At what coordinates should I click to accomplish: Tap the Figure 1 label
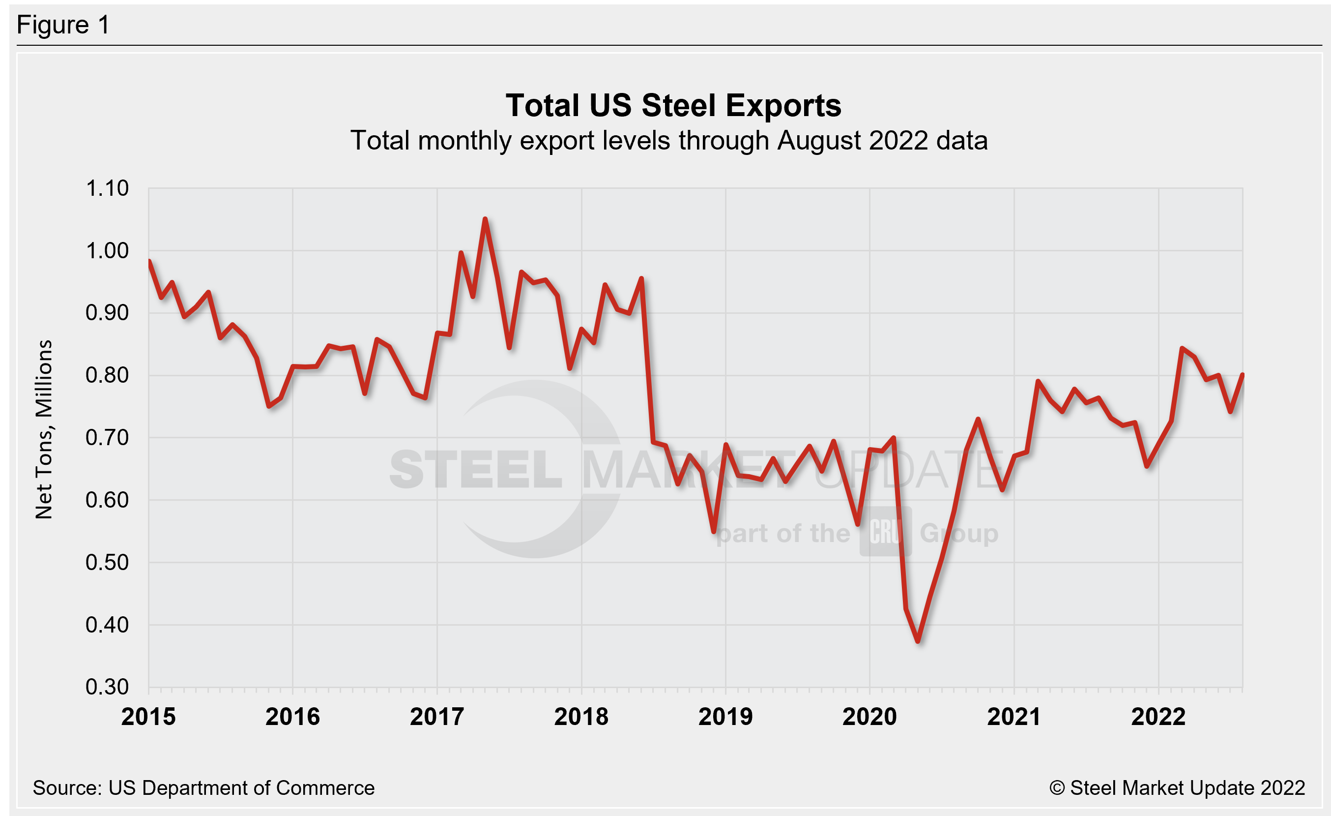pos(63,25)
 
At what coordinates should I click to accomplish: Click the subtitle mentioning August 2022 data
pos(669,141)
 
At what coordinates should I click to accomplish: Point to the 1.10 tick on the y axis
pos(107,188)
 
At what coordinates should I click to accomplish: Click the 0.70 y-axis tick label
pos(107,438)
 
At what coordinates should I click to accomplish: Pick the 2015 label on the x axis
pos(148,717)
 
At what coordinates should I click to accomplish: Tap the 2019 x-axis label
pos(725,717)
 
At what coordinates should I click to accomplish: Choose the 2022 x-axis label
pos(1158,717)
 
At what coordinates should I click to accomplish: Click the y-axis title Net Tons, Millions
pos(44,429)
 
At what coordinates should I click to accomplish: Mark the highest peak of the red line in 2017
pos(485,219)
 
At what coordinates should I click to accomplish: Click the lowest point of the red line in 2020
pos(918,641)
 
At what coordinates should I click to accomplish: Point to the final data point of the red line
pos(1243,374)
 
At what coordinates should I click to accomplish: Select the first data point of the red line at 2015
pos(149,261)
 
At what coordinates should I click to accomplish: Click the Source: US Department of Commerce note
pos(203,788)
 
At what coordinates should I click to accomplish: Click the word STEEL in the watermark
pos(475,469)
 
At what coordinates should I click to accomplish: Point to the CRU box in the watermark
pos(885,532)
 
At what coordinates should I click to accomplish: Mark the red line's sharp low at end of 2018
pos(714,532)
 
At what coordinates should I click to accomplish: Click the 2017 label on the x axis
pos(436,717)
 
